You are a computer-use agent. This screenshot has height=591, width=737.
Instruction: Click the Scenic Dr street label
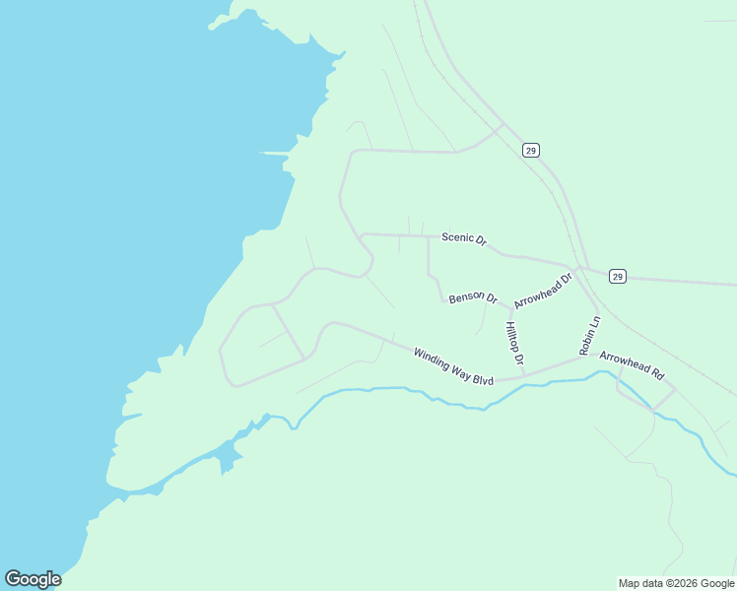coord(464,238)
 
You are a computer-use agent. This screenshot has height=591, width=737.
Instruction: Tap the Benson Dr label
coord(473,297)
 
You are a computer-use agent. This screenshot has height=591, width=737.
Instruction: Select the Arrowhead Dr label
coord(543,292)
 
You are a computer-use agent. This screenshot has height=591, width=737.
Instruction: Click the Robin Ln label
coord(589,336)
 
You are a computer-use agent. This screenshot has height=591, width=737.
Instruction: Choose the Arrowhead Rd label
coord(633,366)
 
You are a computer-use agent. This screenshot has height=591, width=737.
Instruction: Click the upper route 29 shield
coord(531,151)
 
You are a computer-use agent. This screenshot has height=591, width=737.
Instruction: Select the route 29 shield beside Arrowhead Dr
coord(617,276)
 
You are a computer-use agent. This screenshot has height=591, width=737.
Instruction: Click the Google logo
coord(33,579)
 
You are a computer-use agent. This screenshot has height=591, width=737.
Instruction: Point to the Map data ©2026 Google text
coord(676,583)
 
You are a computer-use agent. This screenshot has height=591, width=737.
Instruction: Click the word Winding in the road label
coord(432,359)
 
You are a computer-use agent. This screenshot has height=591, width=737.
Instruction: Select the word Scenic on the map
coord(457,237)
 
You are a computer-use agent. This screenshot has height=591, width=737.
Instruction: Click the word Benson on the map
coord(466,296)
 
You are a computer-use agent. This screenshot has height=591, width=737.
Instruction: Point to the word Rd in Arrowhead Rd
coord(658,375)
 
